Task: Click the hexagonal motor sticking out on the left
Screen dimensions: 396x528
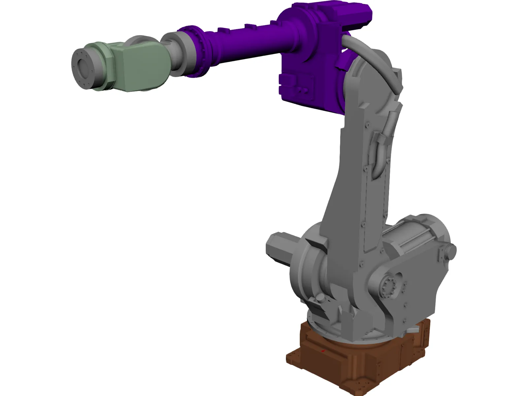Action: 280,247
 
